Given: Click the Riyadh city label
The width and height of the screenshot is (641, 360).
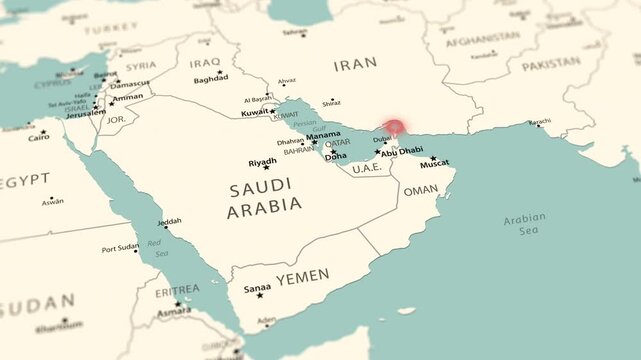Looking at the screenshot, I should (263, 161).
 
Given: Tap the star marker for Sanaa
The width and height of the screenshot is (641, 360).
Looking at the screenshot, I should (260, 295).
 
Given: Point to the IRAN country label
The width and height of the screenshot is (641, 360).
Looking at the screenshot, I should (355, 63).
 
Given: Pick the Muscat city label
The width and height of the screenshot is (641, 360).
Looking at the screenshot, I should (434, 162).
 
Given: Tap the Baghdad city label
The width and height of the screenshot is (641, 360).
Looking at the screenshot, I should (210, 78).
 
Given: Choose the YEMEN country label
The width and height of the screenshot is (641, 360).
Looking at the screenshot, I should (303, 276).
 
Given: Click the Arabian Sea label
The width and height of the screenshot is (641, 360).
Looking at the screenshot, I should (524, 223).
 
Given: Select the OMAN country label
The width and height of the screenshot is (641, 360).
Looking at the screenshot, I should (420, 190).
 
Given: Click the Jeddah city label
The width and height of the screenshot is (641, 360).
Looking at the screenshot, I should (170, 221).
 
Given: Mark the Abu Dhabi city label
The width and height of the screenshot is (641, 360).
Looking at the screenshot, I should (402, 151).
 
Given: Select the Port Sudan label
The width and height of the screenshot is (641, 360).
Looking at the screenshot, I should (120, 248).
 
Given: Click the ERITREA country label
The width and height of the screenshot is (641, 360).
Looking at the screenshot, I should (177, 289).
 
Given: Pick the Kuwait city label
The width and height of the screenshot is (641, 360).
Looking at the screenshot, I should (255, 112).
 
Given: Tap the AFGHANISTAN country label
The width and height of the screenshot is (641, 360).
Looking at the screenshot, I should (482, 43).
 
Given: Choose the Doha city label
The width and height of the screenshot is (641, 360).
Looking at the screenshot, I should (336, 157).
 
